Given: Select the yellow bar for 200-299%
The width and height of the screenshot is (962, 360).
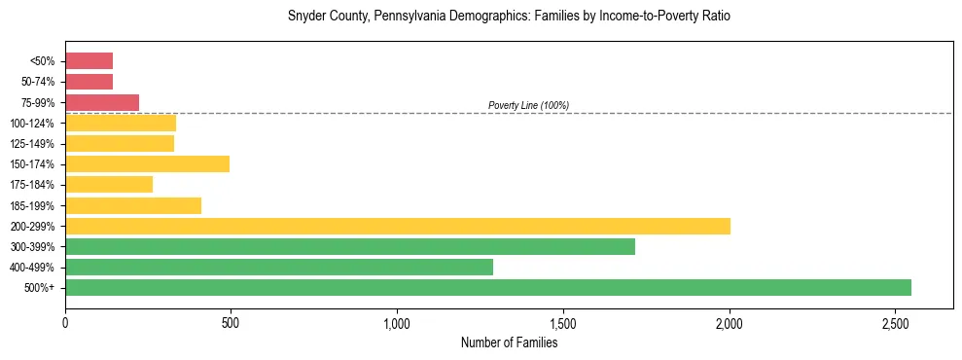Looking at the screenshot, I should [x=398, y=226].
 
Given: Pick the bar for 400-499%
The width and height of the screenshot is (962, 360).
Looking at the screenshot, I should [x=279, y=267].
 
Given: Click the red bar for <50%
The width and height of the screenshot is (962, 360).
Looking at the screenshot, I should [x=89, y=61].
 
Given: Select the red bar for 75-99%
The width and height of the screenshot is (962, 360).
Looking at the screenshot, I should [x=102, y=102].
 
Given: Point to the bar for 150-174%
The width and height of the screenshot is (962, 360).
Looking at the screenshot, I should [x=147, y=163].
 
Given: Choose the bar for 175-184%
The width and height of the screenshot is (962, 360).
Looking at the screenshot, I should [x=109, y=184].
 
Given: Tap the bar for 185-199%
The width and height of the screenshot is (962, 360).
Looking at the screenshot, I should [x=133, y=205].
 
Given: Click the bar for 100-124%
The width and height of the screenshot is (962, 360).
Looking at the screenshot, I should [x=121, y=123].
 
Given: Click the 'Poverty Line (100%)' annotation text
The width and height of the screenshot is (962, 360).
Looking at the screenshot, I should [x=528, y=105].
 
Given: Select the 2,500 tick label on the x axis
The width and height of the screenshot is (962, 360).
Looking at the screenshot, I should [x=895, y=321].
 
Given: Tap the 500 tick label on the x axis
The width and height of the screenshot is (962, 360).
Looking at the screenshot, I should [x=231, y=321].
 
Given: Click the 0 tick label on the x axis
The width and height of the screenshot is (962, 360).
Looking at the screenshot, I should [x=65, y=321].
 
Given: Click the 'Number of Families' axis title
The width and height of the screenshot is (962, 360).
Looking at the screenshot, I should [x=509, y=342].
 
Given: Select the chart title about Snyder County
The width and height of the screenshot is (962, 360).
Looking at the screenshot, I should [x=509, y=17].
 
